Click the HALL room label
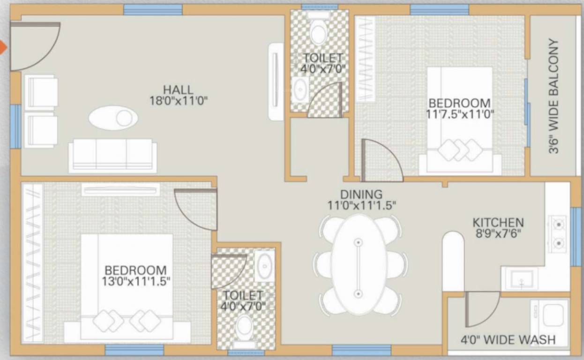click(178, 89)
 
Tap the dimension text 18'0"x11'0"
click(178, 100)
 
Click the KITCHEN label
click(498, 222)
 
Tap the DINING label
click(361, 194)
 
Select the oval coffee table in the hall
click(113, 118)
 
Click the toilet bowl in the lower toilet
click(245, 328)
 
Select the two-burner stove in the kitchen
click(558, 232)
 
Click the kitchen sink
click(519, 280)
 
